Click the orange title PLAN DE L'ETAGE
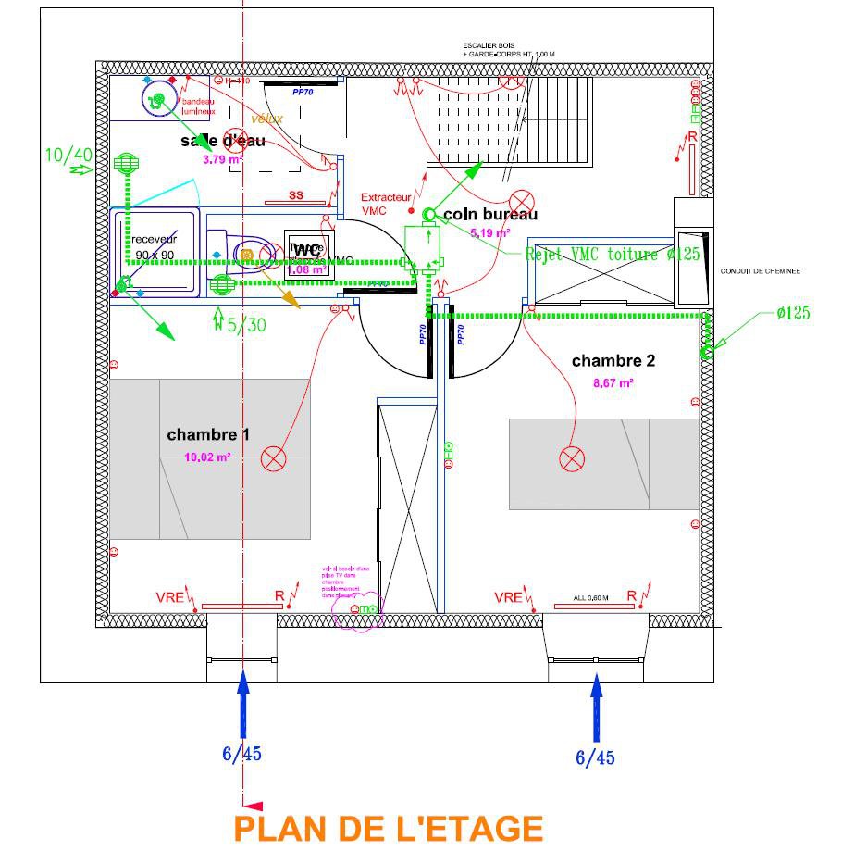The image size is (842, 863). [x=388, y=828]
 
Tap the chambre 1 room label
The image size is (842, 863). [x=208, y=434]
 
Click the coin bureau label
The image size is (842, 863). [x=490, y=215]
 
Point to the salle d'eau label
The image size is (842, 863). [x=223, y=141]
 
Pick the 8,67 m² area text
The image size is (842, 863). [x=613, y=382]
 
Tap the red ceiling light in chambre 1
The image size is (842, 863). [x=273, y=458]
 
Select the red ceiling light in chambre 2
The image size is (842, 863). [x=572, y=458]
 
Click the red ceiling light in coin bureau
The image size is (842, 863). [x=524, y=201]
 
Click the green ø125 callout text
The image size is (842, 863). [x=793, y=313]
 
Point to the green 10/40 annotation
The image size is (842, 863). [x=68, y=155]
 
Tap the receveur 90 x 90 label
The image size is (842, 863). [x=155, y=247]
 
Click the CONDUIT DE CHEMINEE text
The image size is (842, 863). [x=760, y=271]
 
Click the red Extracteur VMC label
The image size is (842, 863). [x=385, y=204]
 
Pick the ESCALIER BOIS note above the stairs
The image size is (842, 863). [x=508, y=50]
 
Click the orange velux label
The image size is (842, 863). [x=266, y=119]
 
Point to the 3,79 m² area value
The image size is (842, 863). [x=222, y=159]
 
